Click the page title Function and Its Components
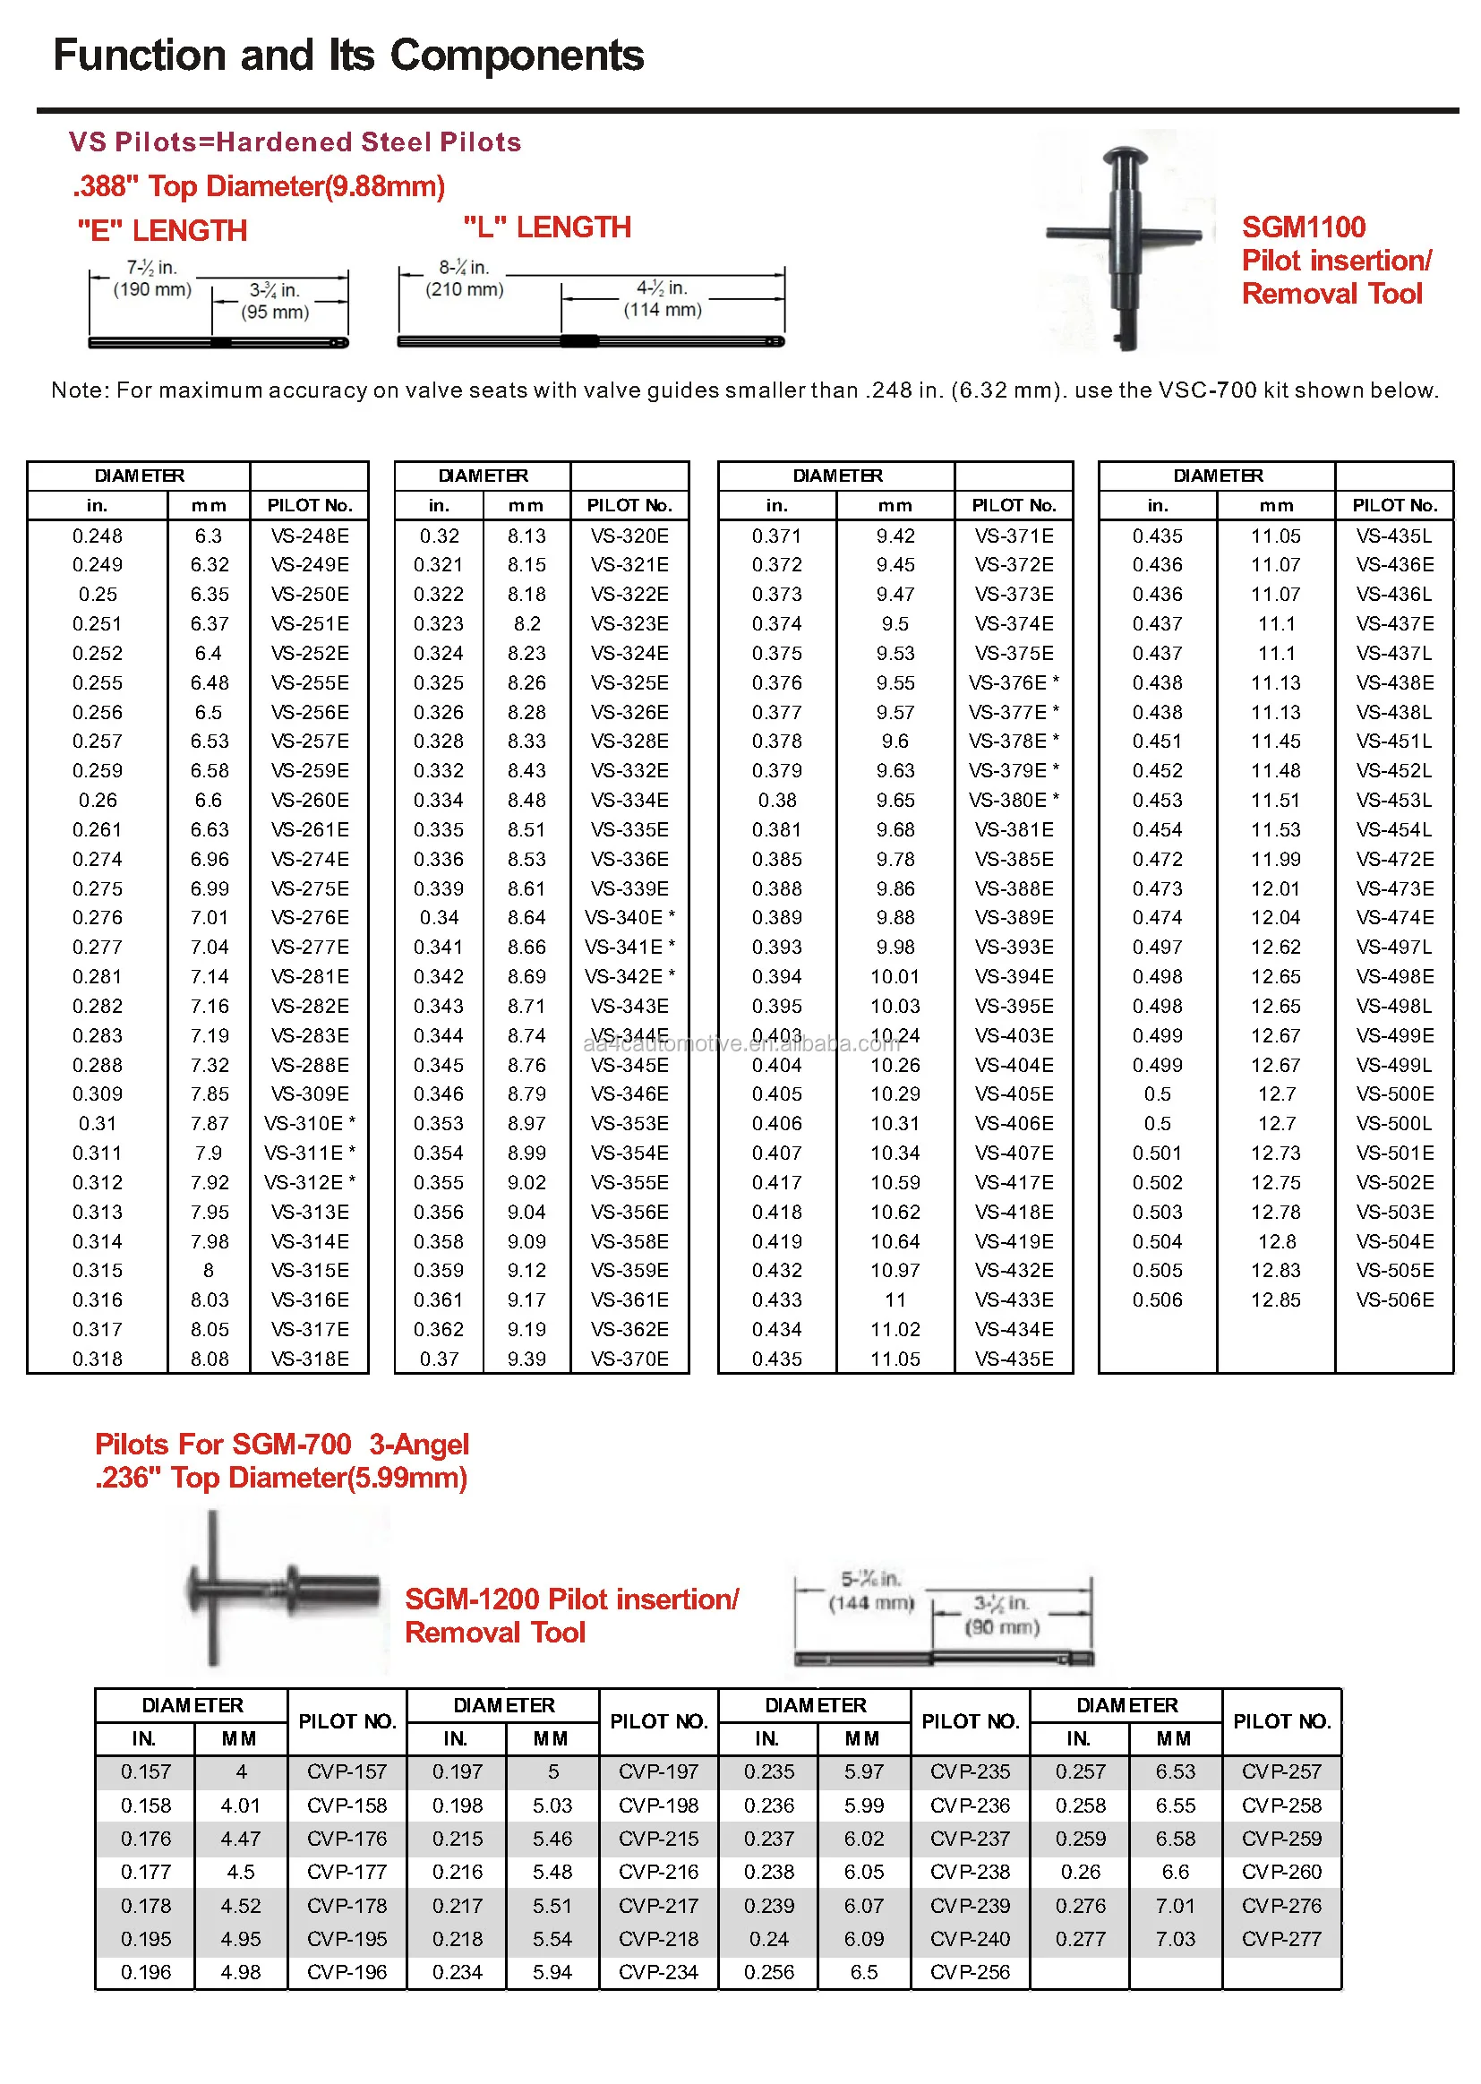point(348,56)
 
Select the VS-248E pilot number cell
point(310,536)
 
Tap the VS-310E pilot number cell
point(309,1124)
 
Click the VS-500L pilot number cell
point(1393,1124)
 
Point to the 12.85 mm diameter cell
point(1275,1299)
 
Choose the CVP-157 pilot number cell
point(347,1771)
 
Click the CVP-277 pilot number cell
point(1280,1938)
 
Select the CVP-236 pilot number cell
point(970,1805)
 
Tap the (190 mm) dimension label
point(152,290)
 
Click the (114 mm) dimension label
point(663,310)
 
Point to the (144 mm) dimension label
point(871,1603)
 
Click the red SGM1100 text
point(1303,227)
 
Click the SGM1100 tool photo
point(1126,242)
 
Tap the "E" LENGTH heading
point(162,231)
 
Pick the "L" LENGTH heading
point(547,227)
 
